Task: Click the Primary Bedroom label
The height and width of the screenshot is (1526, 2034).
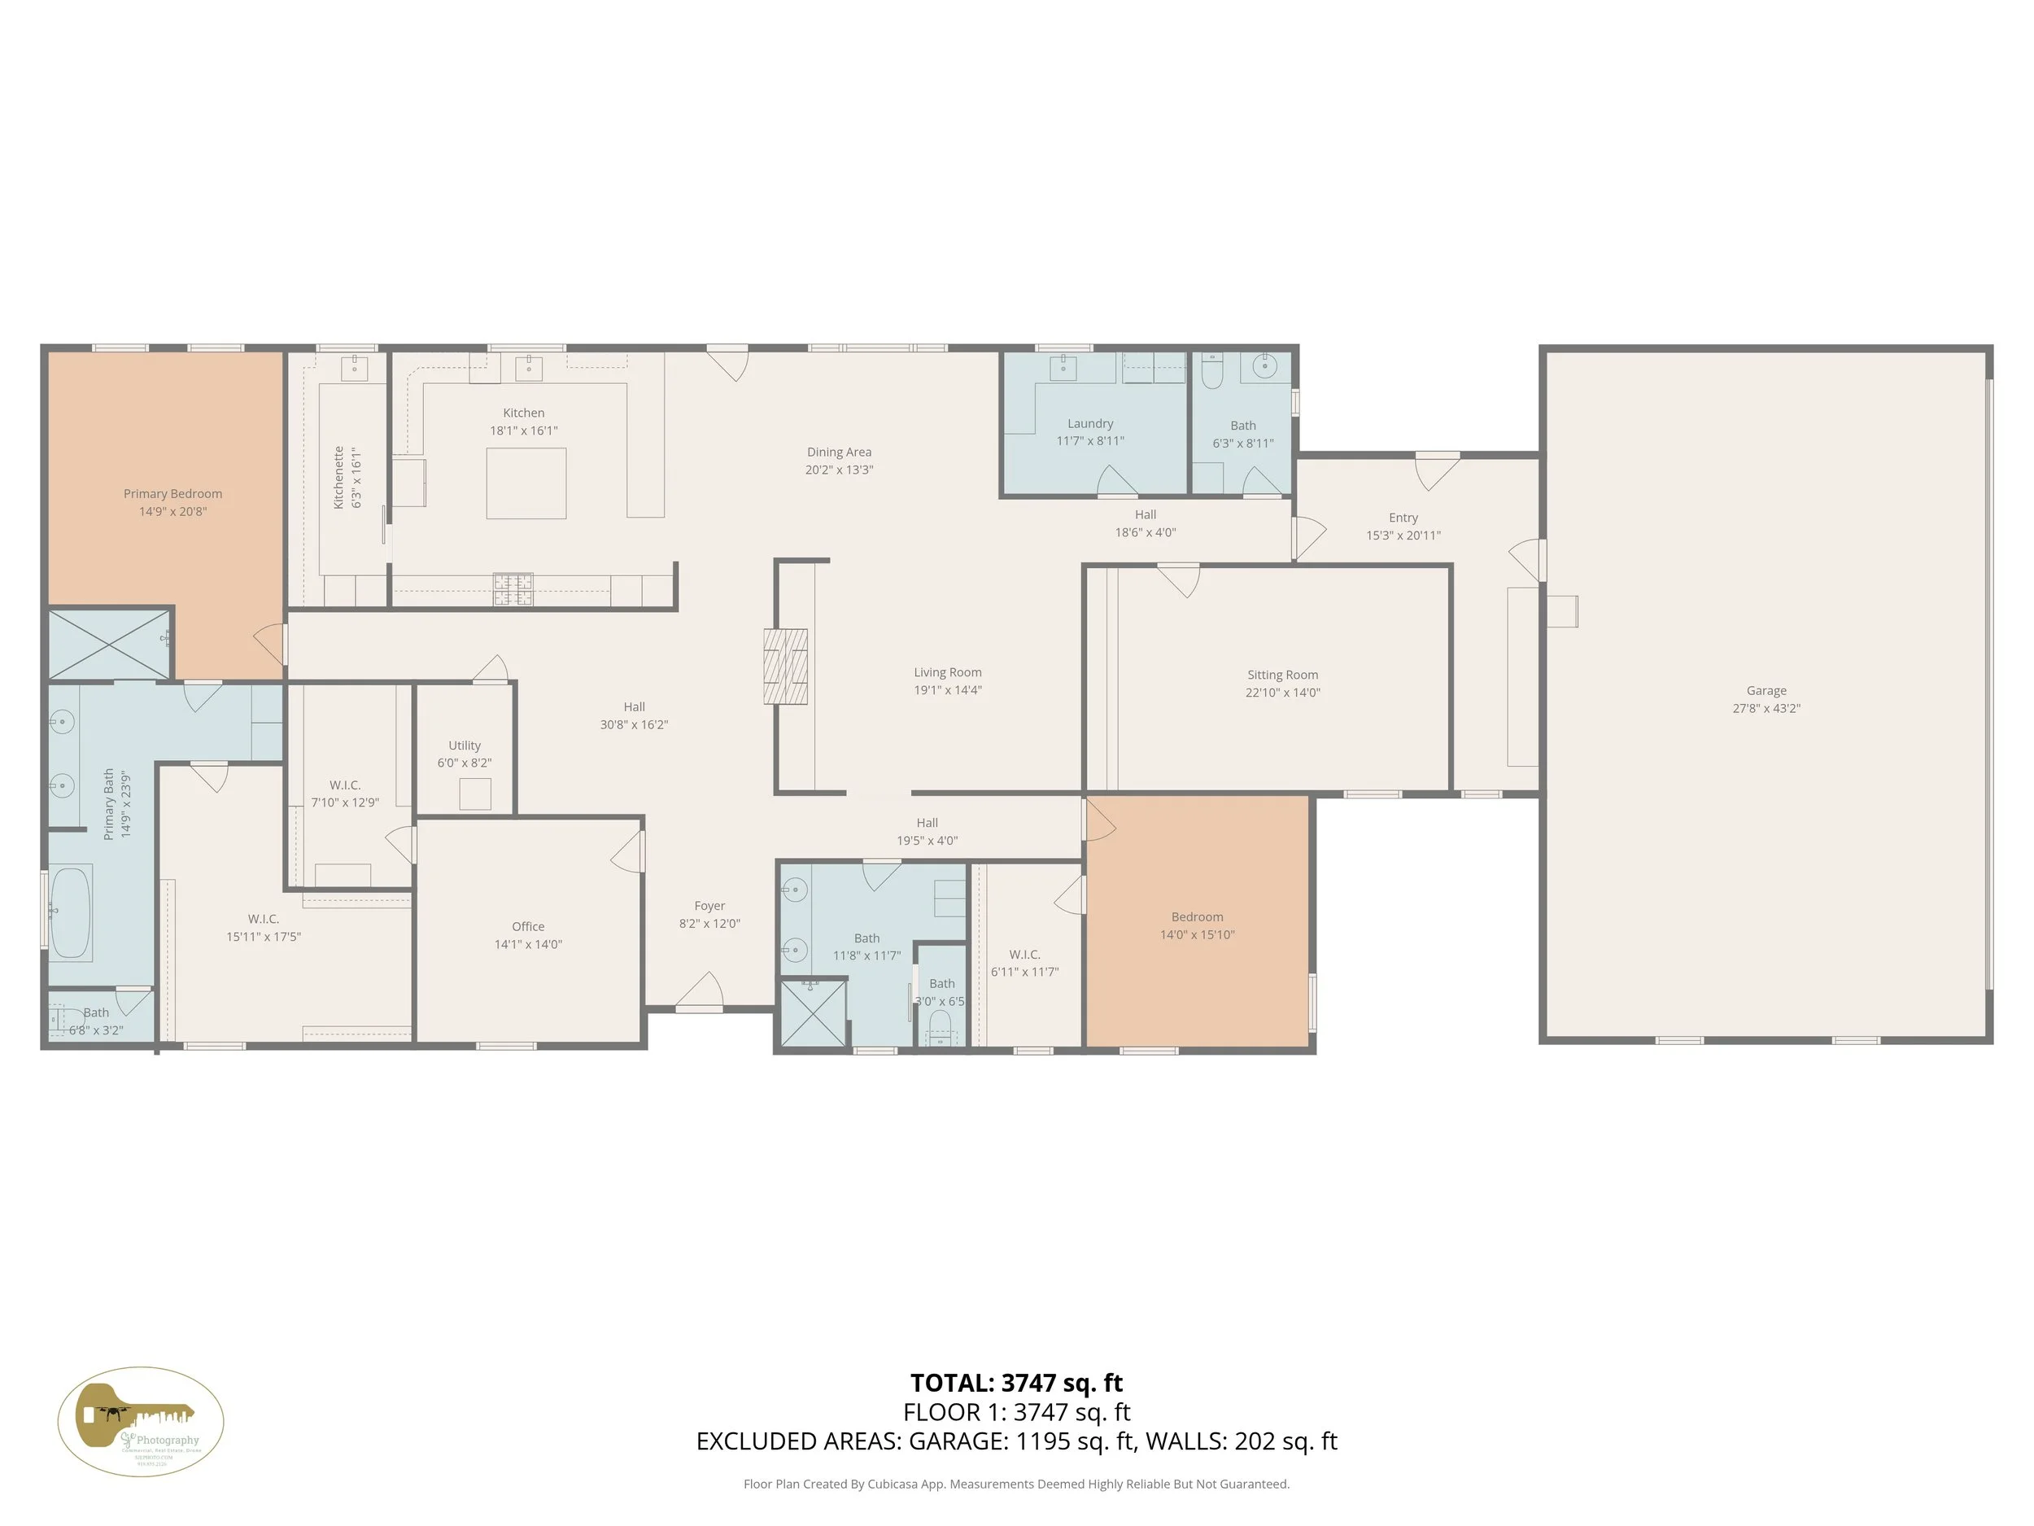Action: tap(172, 494)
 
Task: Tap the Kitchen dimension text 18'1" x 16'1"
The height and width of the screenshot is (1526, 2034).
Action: tap(523, 431)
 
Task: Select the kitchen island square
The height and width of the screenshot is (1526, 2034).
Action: tap(526, 483)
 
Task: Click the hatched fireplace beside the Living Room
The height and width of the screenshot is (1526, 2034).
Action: tap(785, 667)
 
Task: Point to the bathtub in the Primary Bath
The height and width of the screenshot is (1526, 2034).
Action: tap(70, 912)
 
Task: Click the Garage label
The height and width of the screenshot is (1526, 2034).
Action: tap(1766, 691)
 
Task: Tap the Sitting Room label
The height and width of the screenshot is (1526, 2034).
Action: tap(1281, 676)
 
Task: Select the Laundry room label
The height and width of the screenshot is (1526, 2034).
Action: tap(1089, 424)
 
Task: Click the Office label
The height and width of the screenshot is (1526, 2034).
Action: tap(528, 926)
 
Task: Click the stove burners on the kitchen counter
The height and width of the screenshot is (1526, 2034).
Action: tap(513, 589)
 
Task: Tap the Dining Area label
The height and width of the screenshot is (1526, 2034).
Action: tap(839, 452)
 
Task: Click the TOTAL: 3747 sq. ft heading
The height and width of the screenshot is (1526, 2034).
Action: tap(1016, 1383)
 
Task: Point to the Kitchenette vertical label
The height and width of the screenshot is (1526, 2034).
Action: tap(338, 478)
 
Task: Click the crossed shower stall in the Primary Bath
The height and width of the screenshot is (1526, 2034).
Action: tap(108, 643)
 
